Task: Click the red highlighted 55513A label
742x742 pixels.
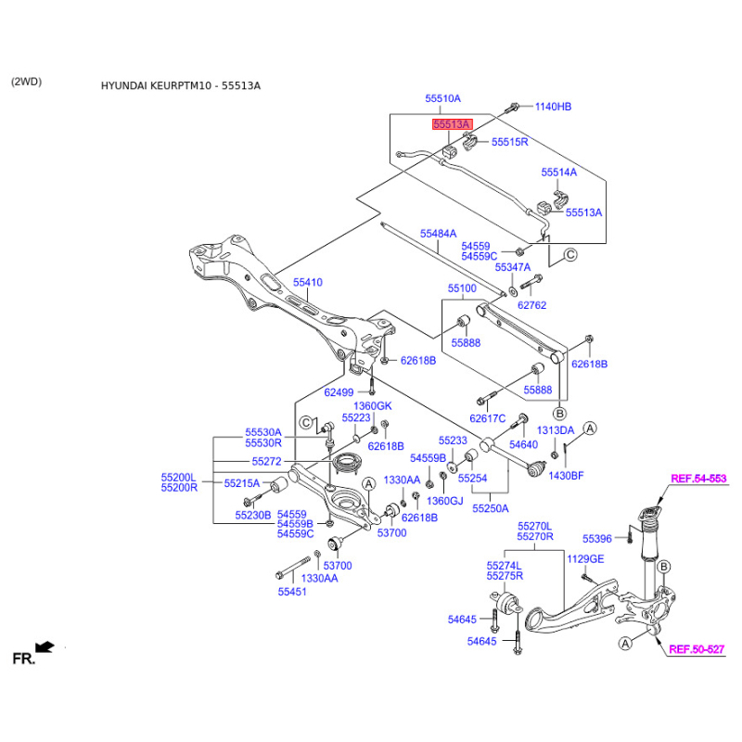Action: point(450,124)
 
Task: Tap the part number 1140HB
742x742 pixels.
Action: point(553,107)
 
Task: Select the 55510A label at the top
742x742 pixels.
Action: point(443,98)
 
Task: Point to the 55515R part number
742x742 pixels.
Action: point(509,142)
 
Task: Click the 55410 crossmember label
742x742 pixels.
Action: point(308,281)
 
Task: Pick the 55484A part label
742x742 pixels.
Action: point(438,234)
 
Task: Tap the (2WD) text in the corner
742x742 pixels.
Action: point(26,82)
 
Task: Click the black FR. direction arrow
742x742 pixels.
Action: point(43,646)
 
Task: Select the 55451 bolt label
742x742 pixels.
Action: point(291,591)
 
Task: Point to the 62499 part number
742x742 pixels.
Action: point(339,392)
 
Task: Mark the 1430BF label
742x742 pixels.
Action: point(566,476)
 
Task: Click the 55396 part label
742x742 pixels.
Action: point(597,538)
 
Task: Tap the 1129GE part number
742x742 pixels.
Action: point(585,558)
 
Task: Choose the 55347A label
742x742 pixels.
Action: point(512,266)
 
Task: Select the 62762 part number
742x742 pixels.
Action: point(532,304)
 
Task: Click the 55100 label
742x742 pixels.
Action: point(463,288)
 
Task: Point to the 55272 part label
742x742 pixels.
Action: point(267,461)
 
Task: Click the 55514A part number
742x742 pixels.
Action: point(559,173)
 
